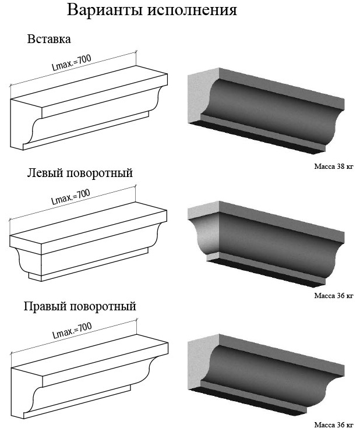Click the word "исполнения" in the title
(x=192, y=10)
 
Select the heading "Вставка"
(x=49, y=39)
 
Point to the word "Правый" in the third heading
(x=45, y=306)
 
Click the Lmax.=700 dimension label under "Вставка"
(x=72, y=62)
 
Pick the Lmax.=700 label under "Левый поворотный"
(x=71, y=197)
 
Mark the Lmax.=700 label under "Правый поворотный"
(x=72, y=330)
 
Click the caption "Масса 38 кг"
(x=334, y=167)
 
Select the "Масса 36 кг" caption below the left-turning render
(x=334, y=296)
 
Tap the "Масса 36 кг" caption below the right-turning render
(x=334, y=425)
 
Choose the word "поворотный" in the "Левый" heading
(x=100, y=173)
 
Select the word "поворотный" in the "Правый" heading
(x=103, y=306)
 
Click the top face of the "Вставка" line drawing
(x=90, y=86)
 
